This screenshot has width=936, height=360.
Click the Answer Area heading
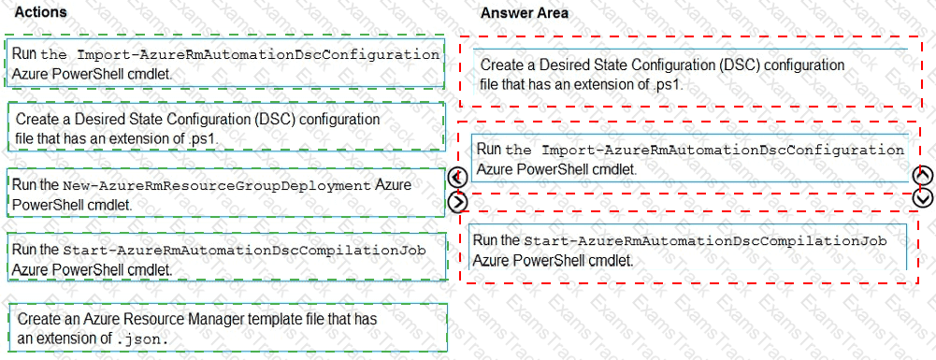point(524,13)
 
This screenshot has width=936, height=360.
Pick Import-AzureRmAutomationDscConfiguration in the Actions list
point(258,54)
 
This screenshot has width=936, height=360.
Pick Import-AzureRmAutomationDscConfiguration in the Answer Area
point(723,150)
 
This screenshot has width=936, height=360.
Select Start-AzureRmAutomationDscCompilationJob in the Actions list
point(244,251)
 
